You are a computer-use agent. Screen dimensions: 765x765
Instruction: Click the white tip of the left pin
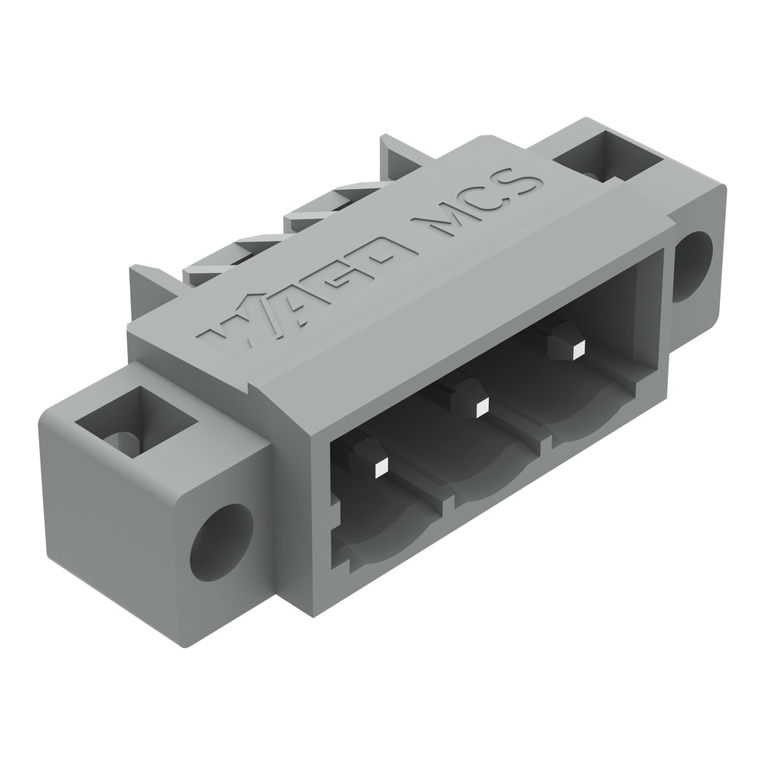pyautogui.click(x=381, y=467)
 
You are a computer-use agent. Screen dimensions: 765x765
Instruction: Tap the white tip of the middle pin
pyautogui.click(x=481, y=408)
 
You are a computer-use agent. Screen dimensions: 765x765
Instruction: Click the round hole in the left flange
pyautogui.click(x=221, y=542)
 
